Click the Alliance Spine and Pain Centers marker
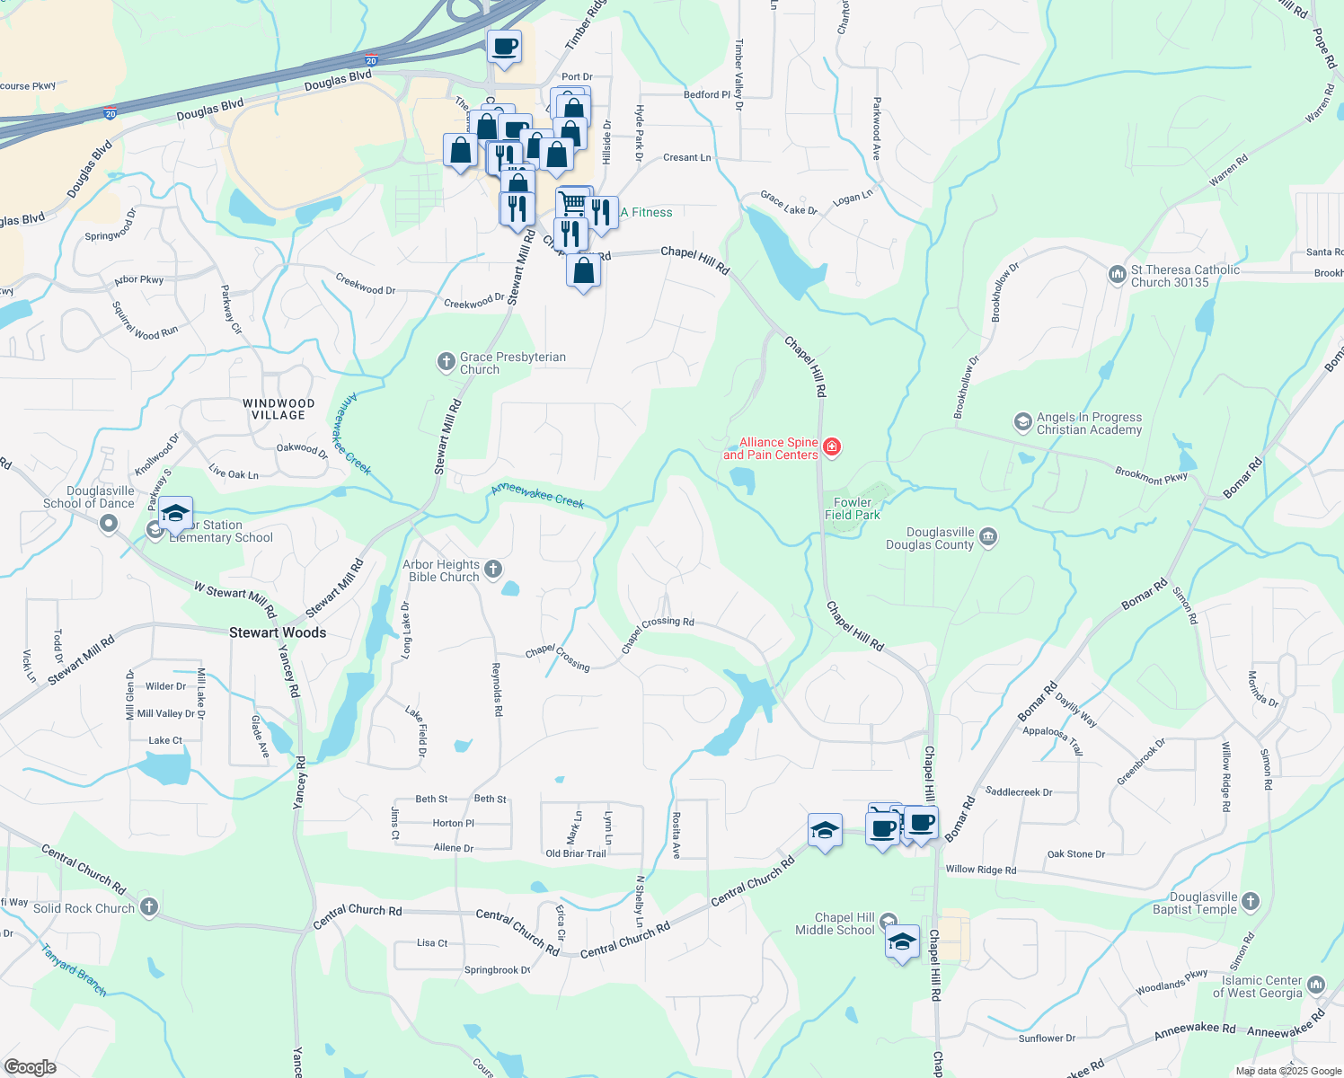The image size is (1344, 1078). tap(831, 447)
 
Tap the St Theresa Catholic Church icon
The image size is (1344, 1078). tap(1117, 274)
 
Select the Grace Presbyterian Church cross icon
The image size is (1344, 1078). tap(446, 362)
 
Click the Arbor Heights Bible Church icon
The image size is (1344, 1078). tap(492, 570)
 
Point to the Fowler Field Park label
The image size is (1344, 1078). tap(852, 509)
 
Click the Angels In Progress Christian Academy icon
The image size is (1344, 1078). tap(1022, 422)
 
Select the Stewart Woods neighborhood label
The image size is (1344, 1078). tap(278, 632)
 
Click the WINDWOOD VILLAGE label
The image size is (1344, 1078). tap(279, 410)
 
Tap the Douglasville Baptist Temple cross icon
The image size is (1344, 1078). tap(1251, 901)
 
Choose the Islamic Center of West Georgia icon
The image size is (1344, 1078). tap(1316, 985)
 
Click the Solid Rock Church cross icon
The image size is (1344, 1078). tap(149, 907)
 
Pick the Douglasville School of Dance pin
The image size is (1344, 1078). tap(109, 524)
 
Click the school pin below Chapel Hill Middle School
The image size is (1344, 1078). tap(902, 942)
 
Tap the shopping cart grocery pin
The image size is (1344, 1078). tap(572, 202)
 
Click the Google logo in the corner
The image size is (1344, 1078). tap(30, 1067)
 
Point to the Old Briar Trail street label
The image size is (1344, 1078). tap(576, 853)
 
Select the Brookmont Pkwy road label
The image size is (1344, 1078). tap(1151, 475)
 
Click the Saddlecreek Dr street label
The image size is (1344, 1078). tap(1019, 792)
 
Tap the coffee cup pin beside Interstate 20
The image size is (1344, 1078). tap(505, 46)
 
